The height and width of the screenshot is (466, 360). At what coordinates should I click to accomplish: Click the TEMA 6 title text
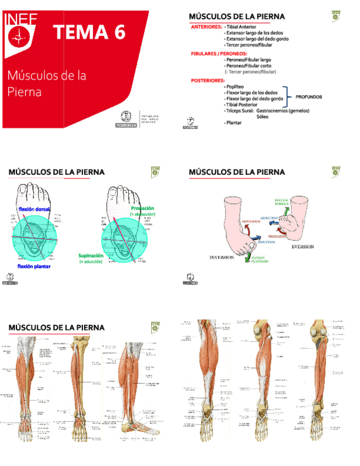(89, 32)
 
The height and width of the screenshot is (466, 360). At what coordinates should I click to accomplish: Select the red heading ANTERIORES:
(207, 26)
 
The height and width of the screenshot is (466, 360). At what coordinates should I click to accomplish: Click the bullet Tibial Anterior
(241, 26)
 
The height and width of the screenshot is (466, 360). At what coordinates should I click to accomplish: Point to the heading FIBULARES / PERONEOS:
(219, 54)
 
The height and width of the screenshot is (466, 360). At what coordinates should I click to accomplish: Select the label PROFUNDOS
(308, 97)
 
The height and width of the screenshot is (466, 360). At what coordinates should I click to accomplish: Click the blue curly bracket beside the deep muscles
(286, 96)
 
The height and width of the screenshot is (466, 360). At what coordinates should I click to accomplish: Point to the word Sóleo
(263, 116)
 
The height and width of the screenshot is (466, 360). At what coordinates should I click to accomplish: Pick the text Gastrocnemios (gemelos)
(283, 110)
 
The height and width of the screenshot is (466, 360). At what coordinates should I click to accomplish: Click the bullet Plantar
(234, 123)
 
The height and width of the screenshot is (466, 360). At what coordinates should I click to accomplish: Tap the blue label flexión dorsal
(34, 209)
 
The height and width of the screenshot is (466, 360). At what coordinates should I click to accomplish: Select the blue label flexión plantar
(34, 266)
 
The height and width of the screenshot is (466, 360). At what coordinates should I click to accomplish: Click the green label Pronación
(142, 209)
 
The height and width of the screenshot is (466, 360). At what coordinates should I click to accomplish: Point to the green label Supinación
(91, 256)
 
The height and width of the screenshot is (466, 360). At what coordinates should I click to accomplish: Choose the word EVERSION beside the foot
(303, 247)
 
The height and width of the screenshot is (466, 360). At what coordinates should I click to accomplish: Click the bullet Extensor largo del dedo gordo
(256, 39)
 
